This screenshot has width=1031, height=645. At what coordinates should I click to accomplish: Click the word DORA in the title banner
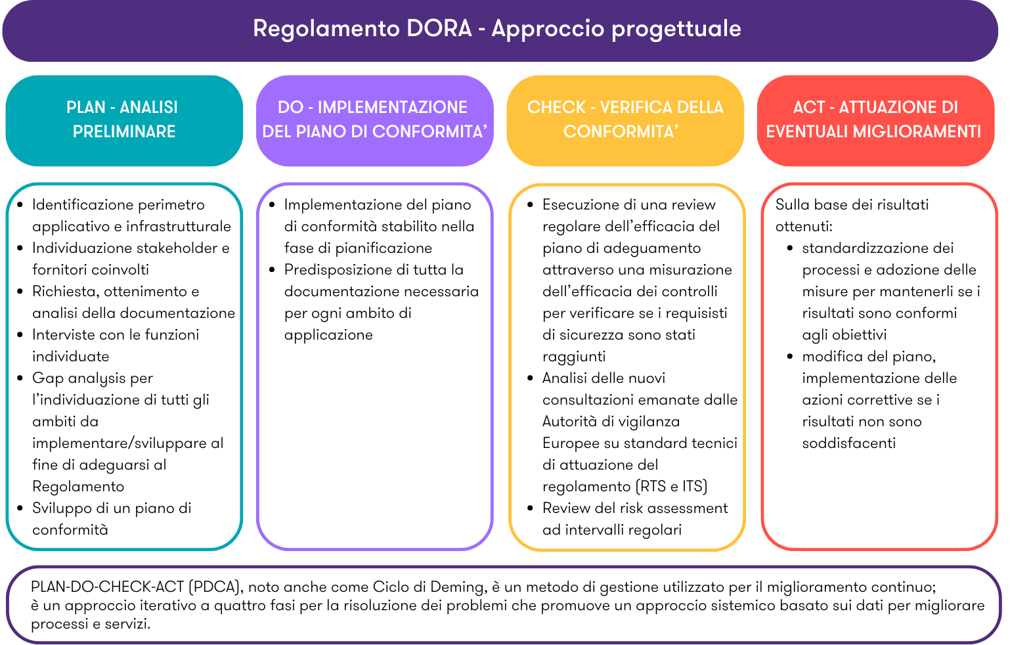pos(439,29)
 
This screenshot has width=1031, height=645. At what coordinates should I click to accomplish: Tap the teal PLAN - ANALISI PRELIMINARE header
pos(124,120)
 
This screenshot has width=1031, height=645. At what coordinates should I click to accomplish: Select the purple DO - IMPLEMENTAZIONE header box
pos(374,120)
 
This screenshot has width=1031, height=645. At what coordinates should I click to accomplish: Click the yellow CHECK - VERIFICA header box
pos(625,120)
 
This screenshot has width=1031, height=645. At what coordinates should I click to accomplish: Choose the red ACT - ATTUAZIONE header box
pos(875,120)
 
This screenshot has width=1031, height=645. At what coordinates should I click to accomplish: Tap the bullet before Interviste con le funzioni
pos(20,335)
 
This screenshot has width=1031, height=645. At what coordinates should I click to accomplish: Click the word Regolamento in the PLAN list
pos(78,487)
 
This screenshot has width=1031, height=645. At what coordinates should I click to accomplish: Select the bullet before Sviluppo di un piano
pos(20,508)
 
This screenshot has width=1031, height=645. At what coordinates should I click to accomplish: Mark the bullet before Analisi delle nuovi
pos(531,378)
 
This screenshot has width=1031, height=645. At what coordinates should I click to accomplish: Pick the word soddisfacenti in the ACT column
pos(848,443)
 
